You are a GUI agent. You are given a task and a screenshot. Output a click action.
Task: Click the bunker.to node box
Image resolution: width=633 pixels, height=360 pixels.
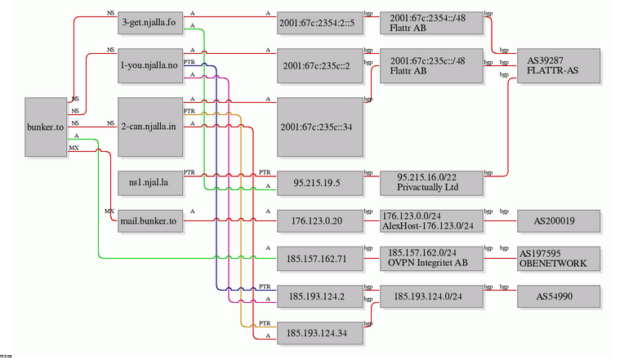coord(45,127)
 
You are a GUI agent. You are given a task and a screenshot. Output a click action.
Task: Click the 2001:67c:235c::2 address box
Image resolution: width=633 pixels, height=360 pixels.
coord(319,66)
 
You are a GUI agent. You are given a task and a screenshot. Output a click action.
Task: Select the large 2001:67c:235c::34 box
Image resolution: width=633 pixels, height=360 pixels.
coord(319,127)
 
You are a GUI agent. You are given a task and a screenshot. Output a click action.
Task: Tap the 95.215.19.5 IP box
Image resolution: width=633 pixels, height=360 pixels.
coord(319,182)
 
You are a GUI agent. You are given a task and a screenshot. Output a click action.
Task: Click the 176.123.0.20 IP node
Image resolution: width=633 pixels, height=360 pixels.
coord(319,220)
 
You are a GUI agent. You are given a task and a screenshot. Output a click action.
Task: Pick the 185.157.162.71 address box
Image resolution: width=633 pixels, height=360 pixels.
coord(319,259)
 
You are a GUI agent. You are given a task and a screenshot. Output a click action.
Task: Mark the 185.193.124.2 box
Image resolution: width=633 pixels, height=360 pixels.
coord(319,296)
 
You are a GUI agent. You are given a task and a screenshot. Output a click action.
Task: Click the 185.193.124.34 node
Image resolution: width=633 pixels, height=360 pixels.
coord(319,332)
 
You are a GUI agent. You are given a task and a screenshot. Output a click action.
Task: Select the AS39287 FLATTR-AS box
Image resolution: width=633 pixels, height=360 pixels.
coord(553,65)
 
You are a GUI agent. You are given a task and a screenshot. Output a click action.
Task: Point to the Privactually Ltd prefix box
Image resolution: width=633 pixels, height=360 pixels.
coord(431,182)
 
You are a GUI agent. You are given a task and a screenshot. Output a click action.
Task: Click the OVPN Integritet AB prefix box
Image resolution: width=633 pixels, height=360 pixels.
coord(431,259)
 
